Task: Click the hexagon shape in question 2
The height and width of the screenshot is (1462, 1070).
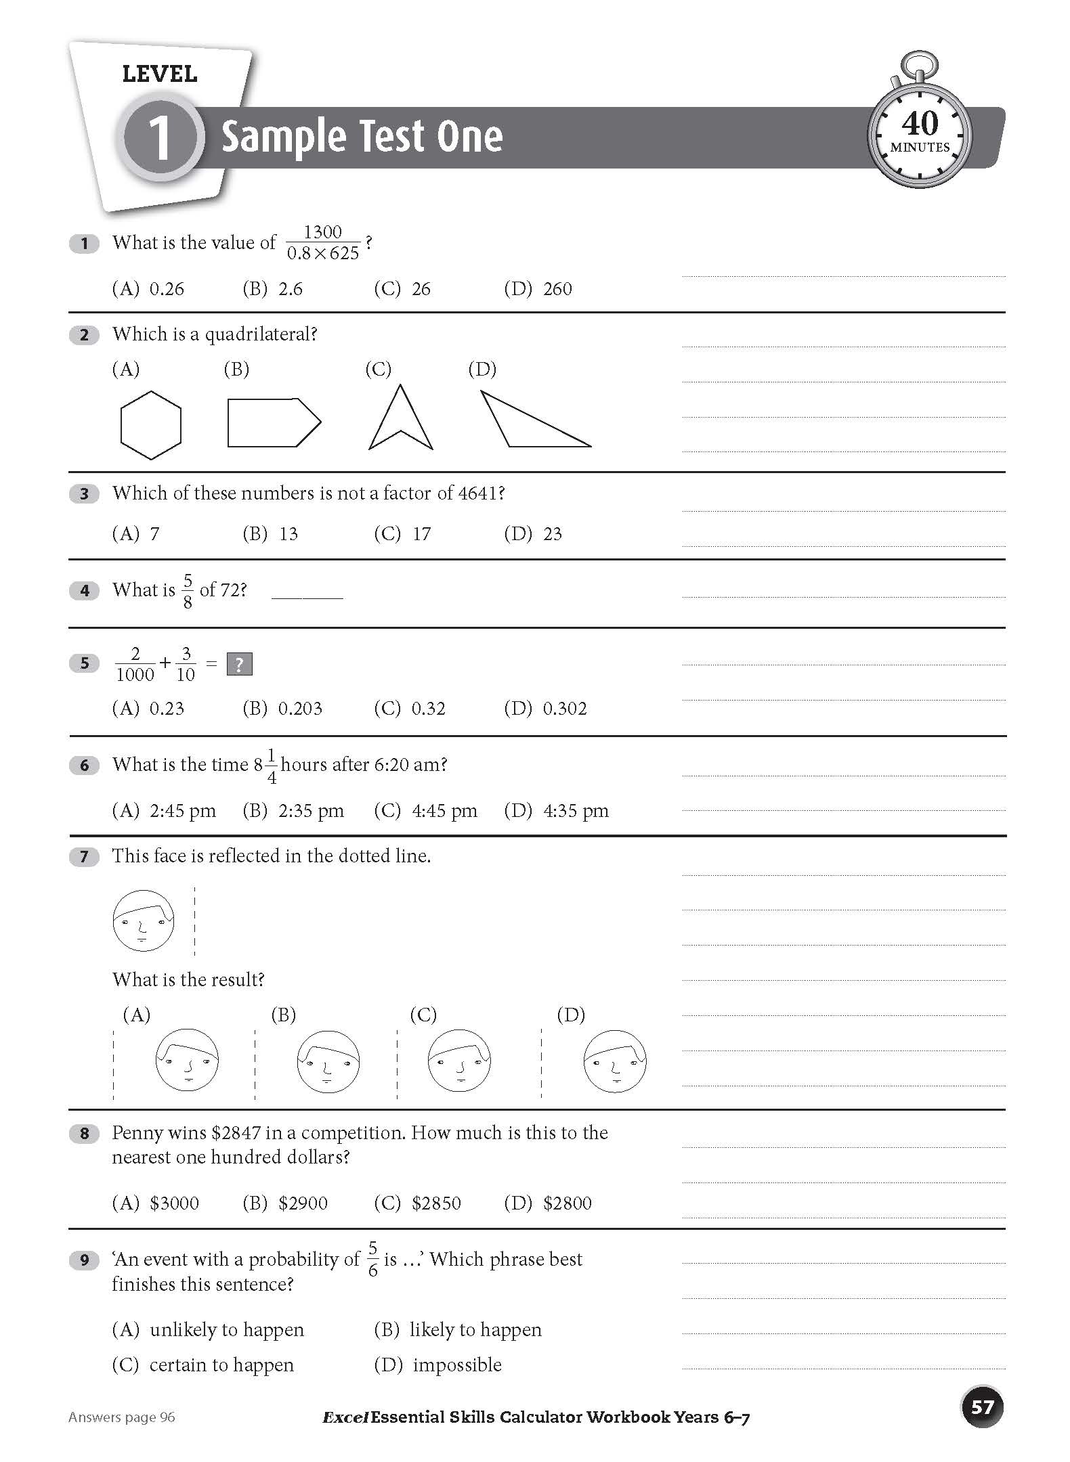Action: click(x=150, y=425)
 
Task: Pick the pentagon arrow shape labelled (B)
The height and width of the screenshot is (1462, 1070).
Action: click(x=272, y=422)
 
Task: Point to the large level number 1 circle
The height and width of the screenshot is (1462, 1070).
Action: click(x=160, y=137)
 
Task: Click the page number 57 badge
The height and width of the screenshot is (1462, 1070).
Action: click(x=981, y=1407)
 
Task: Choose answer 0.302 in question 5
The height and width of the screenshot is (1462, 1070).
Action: click(x=564, y=709)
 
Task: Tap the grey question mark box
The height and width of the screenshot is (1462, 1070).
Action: click(x=239, y=664)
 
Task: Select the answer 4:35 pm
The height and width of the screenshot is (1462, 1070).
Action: click(x=575, y=811)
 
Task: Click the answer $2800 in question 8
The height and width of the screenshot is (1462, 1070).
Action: click(x=567, y=1203)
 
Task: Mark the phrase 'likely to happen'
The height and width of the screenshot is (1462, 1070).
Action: click(x=475, y=1329)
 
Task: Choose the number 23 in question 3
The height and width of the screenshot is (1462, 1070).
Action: click(x=553, y=534)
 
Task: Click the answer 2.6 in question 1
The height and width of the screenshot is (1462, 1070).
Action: click(x=291, y=289)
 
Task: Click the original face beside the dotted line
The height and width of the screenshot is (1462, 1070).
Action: click(x=143, y=921)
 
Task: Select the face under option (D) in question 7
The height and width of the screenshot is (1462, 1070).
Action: click(x=614, y=1061)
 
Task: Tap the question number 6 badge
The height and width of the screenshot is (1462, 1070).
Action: click(x=84, y=766)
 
